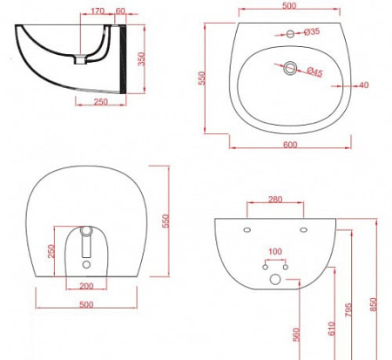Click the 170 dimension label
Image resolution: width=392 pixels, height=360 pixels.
pos(98,11)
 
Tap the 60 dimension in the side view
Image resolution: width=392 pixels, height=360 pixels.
pos(120,11)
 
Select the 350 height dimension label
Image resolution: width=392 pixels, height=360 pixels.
pos(141,59)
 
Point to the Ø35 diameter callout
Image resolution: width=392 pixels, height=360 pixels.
pos(312,31)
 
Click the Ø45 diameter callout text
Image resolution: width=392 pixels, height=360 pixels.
pos(314,71)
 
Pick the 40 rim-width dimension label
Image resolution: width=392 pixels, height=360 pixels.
pos(364,85)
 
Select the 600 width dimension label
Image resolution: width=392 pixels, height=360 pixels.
pos(290,145)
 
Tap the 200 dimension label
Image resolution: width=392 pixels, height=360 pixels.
pos(86,286)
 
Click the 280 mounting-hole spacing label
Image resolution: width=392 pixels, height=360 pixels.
pos(275,200)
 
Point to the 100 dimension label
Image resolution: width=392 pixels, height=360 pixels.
pos(275,251)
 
